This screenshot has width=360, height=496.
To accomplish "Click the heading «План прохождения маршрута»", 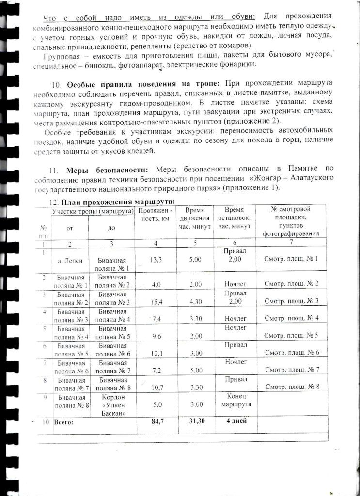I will point(117,202).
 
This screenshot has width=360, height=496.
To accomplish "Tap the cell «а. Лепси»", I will point(70,260).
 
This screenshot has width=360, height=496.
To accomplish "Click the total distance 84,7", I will point(156,422).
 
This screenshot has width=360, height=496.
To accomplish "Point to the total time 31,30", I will point(195,422).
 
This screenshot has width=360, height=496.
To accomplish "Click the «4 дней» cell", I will point(237,421).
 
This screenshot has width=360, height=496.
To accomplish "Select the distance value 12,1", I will point(156,354).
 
